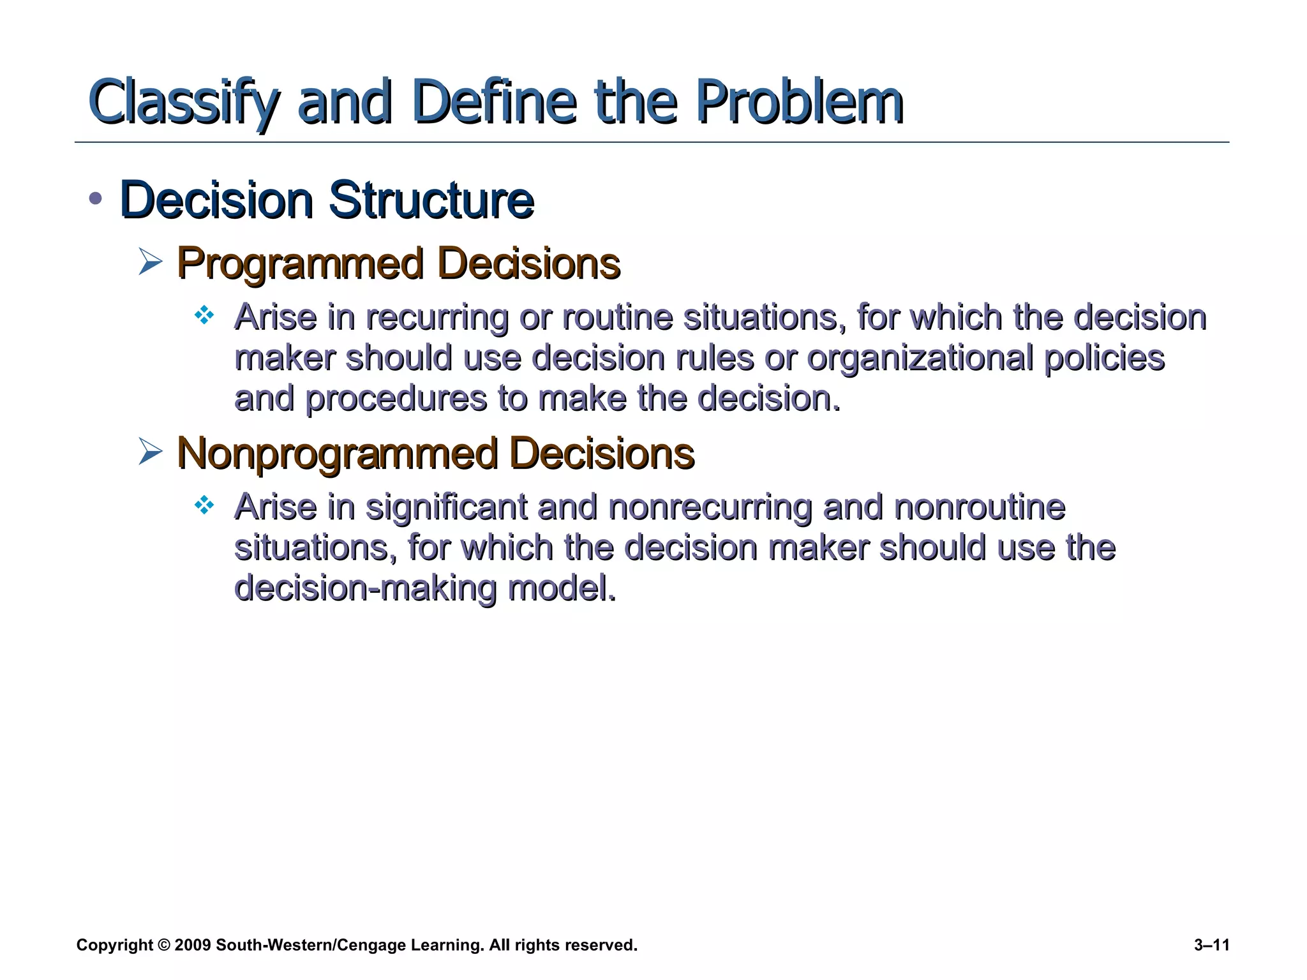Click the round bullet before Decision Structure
(x=96, y=198)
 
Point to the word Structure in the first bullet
(x=431, y=200)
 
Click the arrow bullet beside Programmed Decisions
(x=151, y=263)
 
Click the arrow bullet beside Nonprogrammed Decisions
(x=151, y=453)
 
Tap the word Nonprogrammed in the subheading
(x=337, y=454)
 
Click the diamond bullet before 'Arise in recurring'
(x=204, y=315)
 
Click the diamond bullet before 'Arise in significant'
(x=204, y=506)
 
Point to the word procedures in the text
(x=396, y=399)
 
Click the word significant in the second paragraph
(x=446, y=508)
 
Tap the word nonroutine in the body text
(x=979, y=508)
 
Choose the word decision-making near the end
(x=365, y=588)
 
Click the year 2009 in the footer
(x=192, y=945)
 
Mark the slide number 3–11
(x=1211, y=945)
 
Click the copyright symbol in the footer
(x=164, y=945)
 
